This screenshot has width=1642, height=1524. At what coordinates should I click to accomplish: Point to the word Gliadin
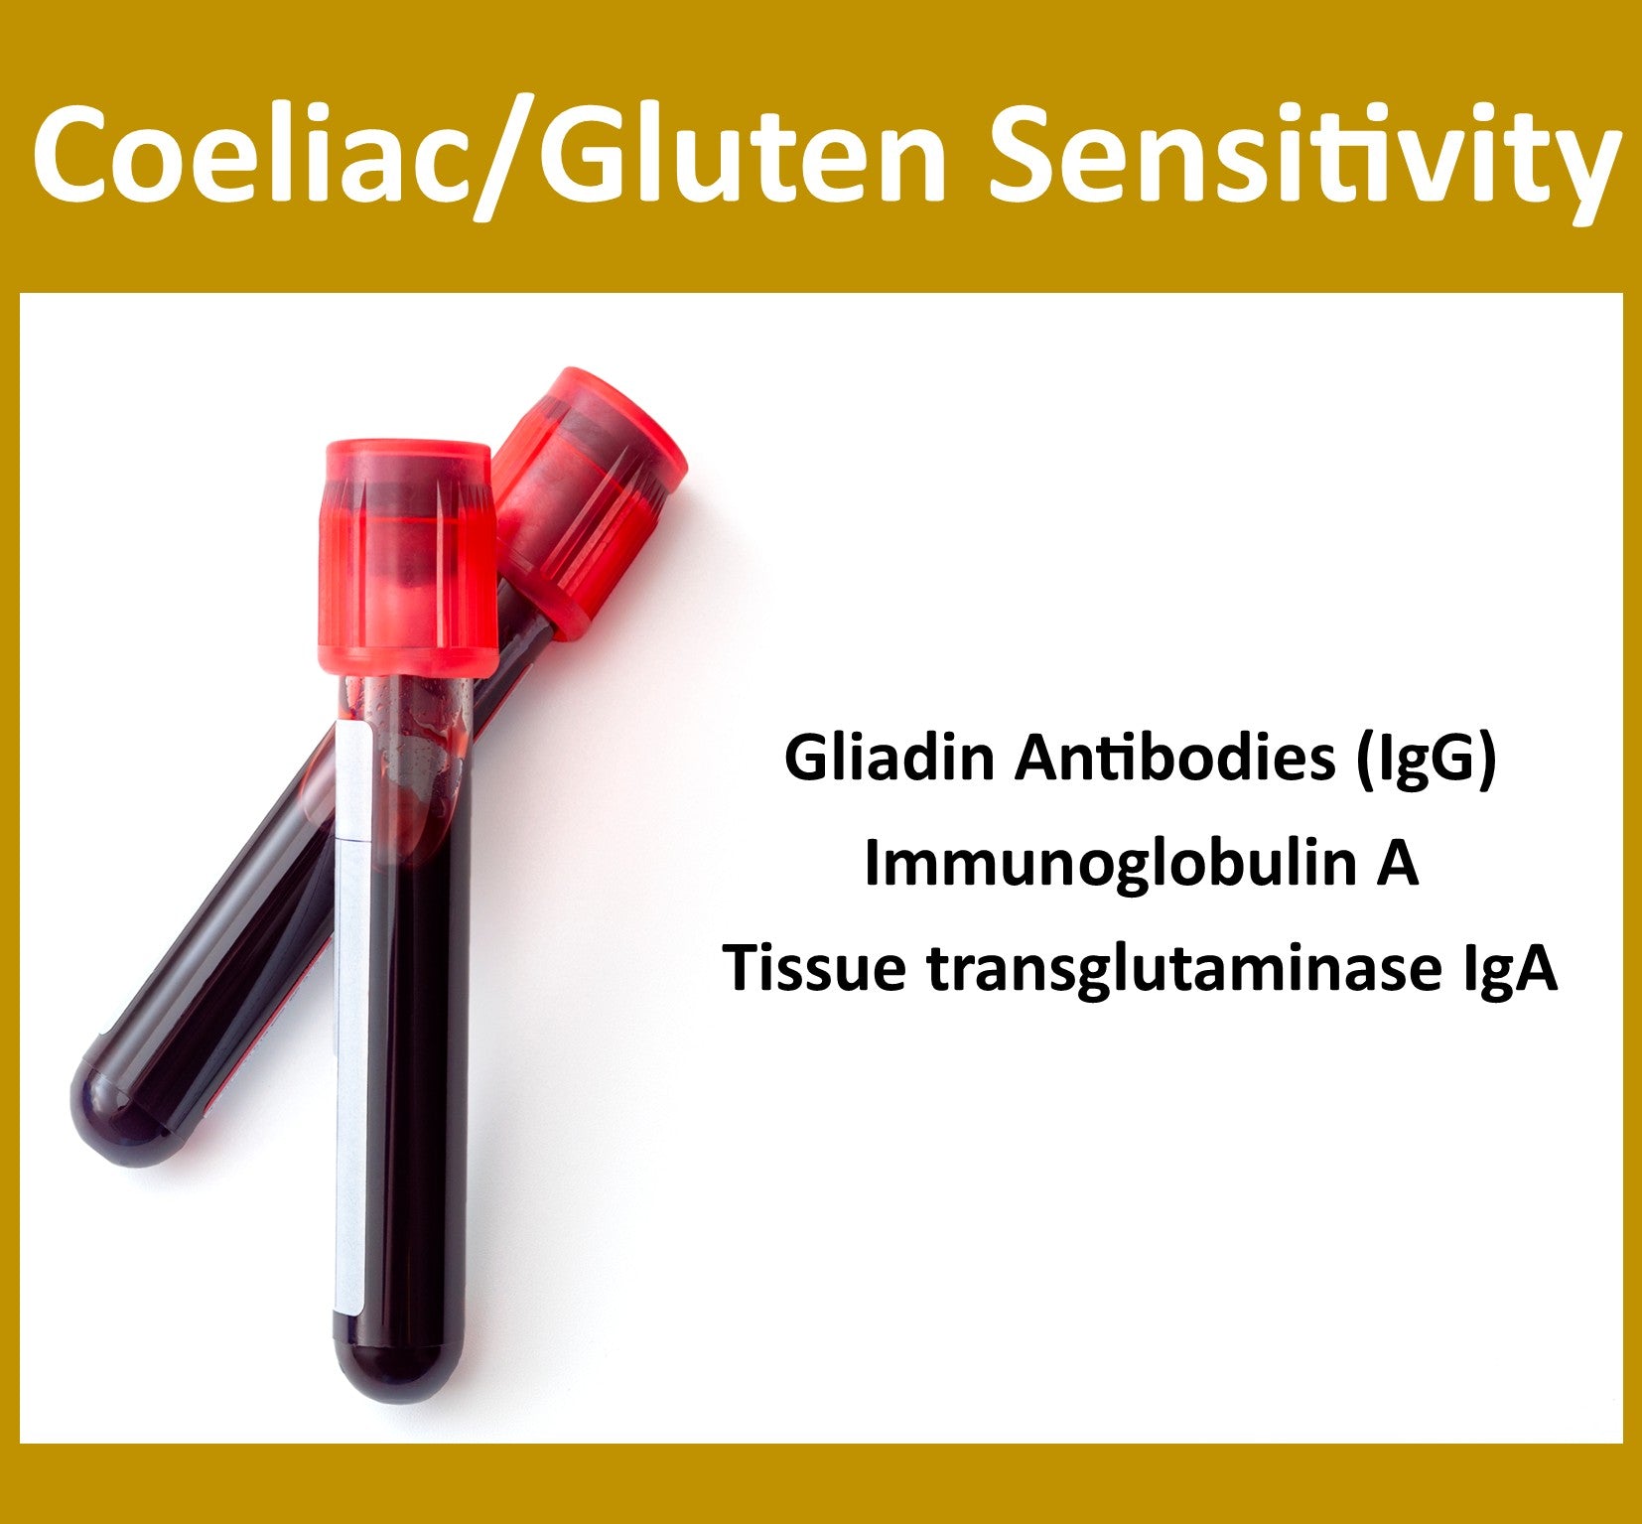pos(889,759)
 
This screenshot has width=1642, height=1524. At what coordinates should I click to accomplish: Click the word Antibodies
pos(1174,759)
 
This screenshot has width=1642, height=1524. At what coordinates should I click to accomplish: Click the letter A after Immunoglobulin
pos(1396,862)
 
